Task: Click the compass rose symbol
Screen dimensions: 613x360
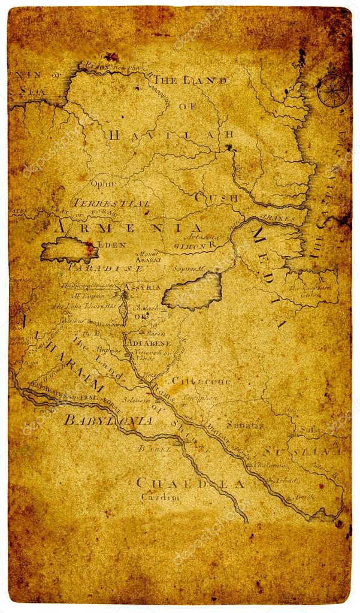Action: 332,90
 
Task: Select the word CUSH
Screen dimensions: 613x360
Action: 216,197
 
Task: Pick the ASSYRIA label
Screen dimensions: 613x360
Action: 142,287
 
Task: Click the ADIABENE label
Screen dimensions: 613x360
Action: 147,343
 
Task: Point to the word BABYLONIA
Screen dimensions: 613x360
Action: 108,420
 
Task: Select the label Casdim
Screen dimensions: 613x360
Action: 160,497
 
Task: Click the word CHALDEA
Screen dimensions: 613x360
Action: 190,483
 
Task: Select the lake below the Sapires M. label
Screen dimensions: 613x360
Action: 192,291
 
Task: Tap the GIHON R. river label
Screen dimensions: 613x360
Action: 194,244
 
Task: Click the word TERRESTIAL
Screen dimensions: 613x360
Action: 112,204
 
